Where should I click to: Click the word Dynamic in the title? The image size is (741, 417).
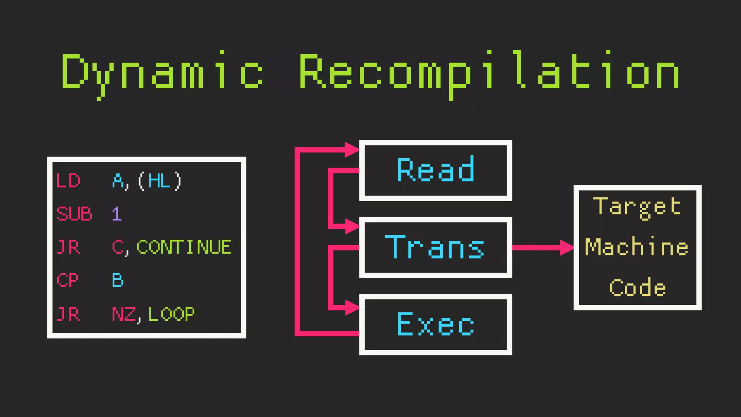coord(162,72)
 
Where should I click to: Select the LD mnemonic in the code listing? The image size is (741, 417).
coord(68,181)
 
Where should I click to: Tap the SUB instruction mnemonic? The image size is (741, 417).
coord(74,214)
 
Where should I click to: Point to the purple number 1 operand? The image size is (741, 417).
coord(117,214)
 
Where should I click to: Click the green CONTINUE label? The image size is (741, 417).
coord(184,247)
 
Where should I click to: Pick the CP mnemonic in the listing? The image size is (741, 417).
coord(67,280)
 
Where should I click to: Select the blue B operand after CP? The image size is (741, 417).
coord(118,280)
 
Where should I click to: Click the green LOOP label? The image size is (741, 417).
coord(172,314)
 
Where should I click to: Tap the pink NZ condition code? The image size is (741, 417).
coord(124,314)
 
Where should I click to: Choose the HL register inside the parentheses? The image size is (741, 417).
coord(159,181)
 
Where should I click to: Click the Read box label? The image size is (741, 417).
coord(436,170)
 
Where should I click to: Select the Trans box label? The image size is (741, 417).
coord(435,247)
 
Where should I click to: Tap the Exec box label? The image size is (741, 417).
coord(436,324)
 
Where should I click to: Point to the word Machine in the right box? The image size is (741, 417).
coord(637,247)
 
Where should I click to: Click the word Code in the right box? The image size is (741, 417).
coord(638,288)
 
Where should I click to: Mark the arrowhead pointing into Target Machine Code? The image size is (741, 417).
coord(567,248)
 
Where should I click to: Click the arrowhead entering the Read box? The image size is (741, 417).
coord(351,150)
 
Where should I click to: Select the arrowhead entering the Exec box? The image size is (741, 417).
coord(352,308)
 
